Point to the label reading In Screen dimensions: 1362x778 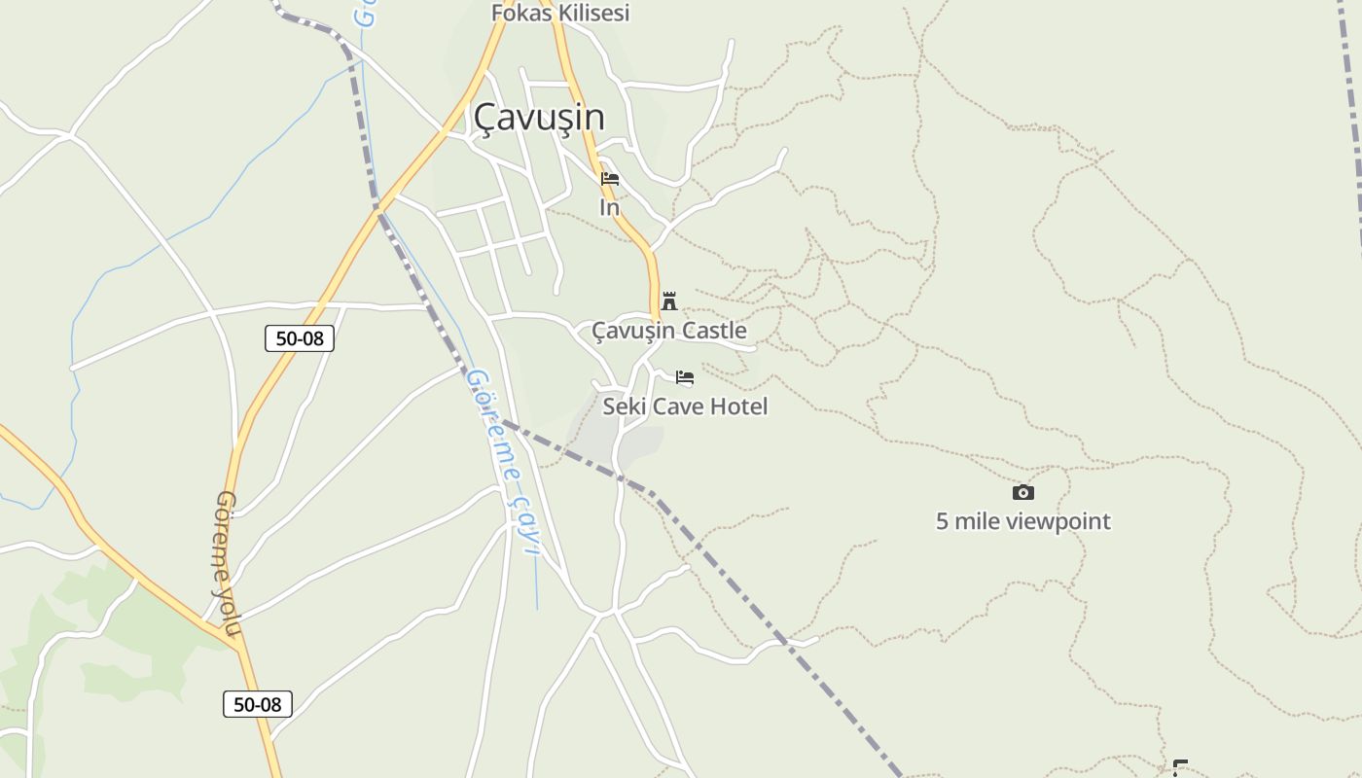point(609,207)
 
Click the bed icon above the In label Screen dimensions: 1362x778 point(610,179)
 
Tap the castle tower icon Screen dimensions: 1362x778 point(669,301)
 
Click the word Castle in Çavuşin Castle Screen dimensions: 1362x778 point(714,331)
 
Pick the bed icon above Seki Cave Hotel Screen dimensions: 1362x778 point(685,377)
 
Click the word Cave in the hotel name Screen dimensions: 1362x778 point(675,407)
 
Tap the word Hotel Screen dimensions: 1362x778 point(738,407)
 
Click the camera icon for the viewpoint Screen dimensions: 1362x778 point(1022,492)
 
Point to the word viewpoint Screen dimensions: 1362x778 point(1057,521)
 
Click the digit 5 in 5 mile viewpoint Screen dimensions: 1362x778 point(942,521)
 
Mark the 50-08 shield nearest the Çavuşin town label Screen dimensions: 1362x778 point(300,338)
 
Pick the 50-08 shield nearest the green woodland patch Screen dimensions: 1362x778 point(258,704)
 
